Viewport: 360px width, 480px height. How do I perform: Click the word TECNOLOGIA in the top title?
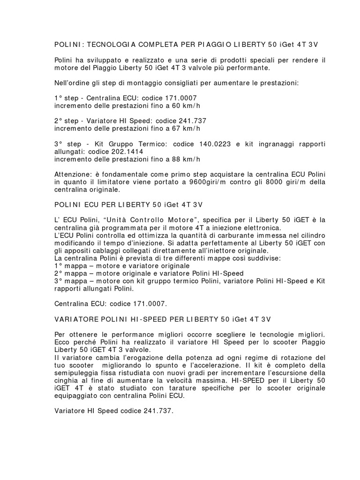pos(108,45)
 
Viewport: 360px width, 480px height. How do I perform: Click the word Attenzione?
pos(73,174)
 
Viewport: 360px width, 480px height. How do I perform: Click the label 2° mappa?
pos(69,273)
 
